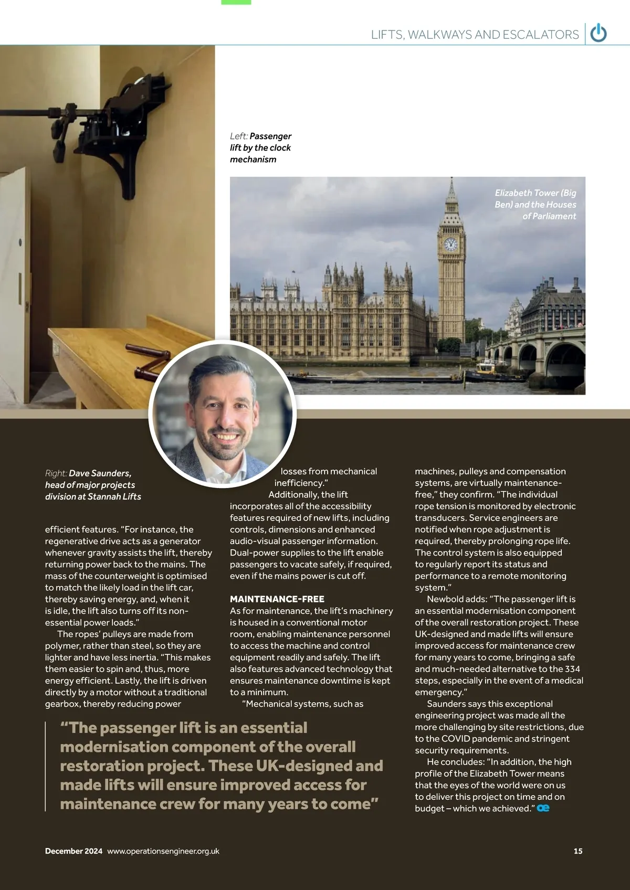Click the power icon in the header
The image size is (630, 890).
click(x=598, y=34)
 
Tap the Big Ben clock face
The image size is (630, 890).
click(x=450, y=245)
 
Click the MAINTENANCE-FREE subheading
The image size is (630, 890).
click(x=277, y=599)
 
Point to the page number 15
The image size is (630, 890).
click(x=578, y=851)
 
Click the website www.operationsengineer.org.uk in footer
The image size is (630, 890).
click(x=163, y=851)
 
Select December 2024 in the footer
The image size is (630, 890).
click(x=73, y=851)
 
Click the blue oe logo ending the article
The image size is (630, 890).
click(x=543, y=808)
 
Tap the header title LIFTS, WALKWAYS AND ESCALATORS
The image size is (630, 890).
click(x=475, y=35)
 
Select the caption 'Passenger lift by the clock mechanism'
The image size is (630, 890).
click(x=260, y=147)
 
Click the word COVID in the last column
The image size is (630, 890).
click(x=455, y=738)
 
